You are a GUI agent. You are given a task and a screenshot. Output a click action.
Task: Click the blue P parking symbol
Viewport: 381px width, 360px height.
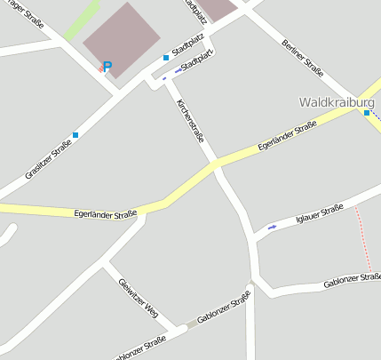[x=107, y=67]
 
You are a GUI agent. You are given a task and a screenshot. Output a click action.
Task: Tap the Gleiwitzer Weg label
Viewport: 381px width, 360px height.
[x=138, y=295]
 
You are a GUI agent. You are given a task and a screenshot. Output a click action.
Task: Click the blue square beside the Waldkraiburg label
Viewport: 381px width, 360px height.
[x=367, y=113]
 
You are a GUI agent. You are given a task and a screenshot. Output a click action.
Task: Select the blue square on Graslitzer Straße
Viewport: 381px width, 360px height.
[x=75, y=135]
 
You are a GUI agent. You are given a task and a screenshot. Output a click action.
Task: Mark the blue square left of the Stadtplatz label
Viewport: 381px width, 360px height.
[x=166, y=58]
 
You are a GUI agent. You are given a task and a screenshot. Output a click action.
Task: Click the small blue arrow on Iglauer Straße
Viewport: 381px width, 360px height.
[x=272, y=228]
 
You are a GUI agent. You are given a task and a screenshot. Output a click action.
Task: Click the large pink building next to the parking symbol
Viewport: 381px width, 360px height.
[x=122, y=38]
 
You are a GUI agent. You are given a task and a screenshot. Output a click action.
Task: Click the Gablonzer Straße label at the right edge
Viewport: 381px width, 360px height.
[x=353, y=282]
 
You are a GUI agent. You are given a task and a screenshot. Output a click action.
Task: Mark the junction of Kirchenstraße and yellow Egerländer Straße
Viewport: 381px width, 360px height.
[x=215, y=164]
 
